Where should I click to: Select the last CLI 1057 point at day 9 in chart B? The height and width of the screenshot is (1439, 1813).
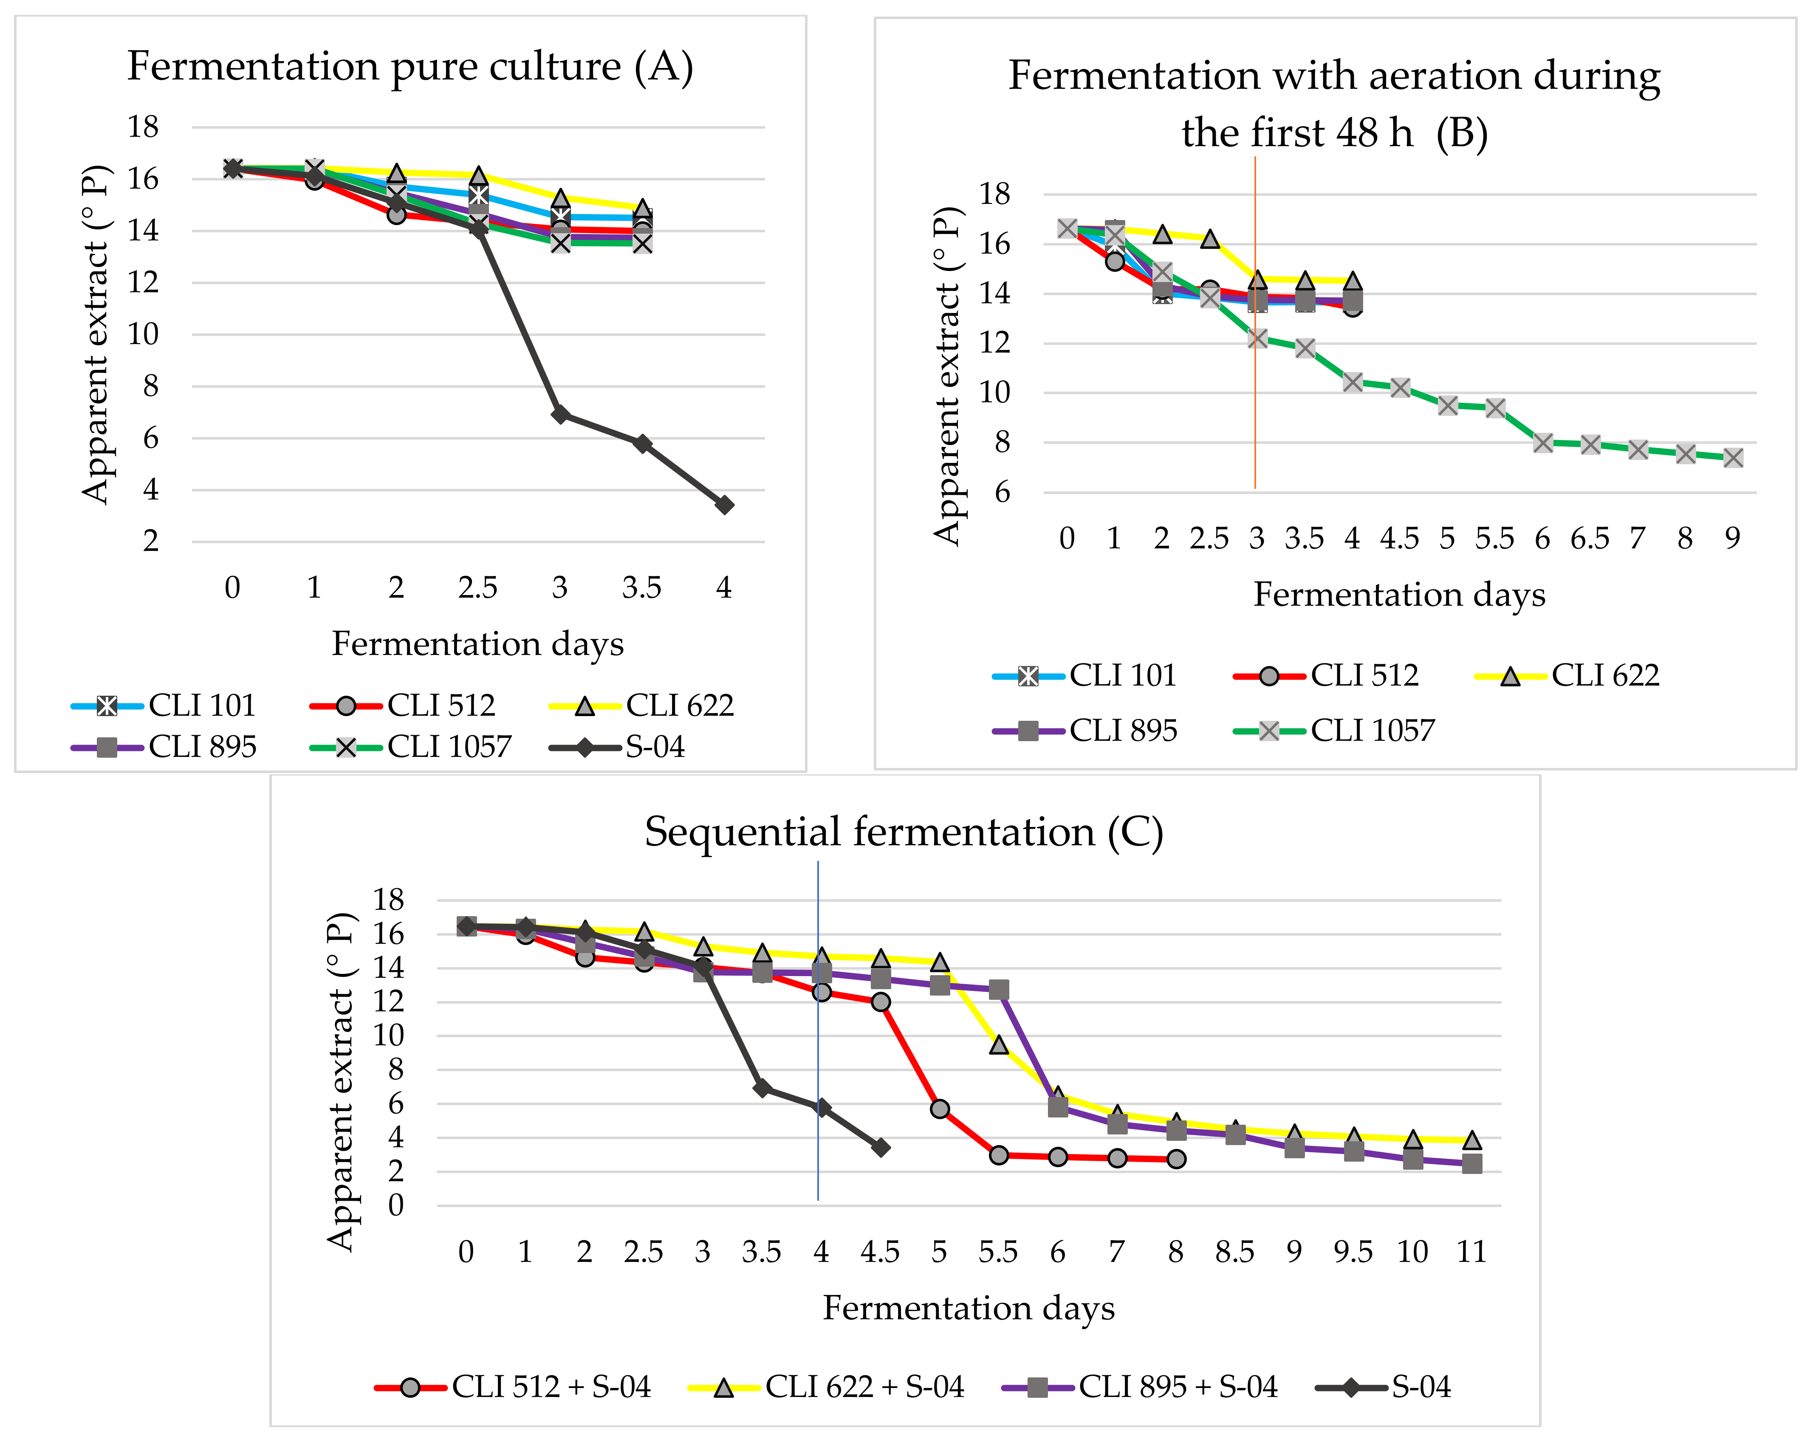tap(1732, 457)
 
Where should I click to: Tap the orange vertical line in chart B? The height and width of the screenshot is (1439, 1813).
tap(1256, 403)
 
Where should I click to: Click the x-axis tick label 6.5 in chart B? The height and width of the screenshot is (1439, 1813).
tap(1589, 538)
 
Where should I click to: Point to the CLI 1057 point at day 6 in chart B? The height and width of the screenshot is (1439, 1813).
tap(1542, 443)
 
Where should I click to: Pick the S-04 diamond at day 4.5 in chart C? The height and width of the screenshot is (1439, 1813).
tap(881, 1147)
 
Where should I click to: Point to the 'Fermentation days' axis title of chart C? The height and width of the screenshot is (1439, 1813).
tap(968, 1309)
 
